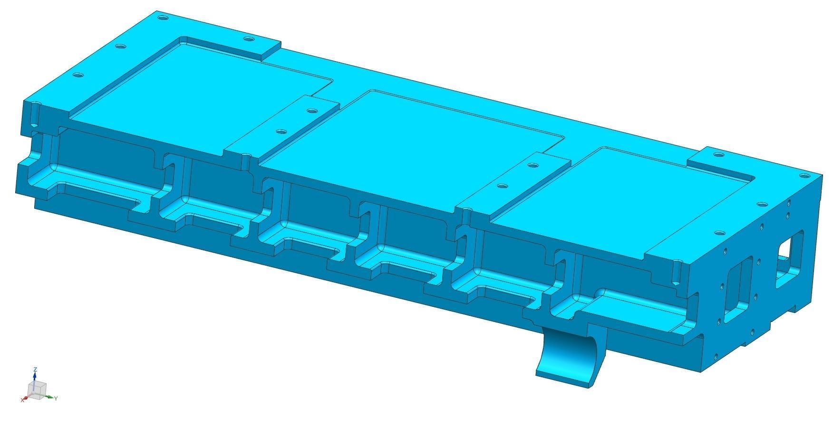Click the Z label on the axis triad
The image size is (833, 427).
coord(35,369)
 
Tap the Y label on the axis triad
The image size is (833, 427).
coord(56,398)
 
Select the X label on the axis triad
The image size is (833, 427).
coord(22,400)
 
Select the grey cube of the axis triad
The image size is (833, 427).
coord(37,389)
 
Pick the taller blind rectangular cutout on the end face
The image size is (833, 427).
coord(735,290)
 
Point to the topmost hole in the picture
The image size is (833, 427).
coord(163,18)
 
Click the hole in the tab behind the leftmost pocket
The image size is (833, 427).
coord(248,39)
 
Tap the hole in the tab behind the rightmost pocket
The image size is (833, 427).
coord(717,155)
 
